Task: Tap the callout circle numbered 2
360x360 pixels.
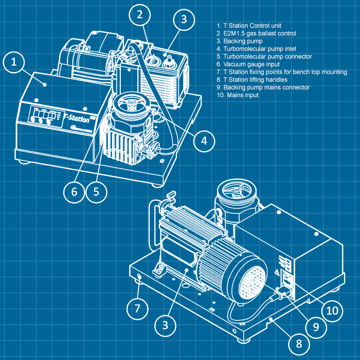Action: point(139,15)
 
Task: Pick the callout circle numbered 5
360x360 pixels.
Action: point(96,192)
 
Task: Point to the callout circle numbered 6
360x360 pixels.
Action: point(74,192)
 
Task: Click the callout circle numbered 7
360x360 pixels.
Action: point(137,309)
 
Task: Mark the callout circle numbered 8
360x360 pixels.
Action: point(299,343)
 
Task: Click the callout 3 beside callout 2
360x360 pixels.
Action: point(184,20)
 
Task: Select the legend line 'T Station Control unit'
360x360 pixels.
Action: point(249,26)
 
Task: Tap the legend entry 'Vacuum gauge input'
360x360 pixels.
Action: point(246,64)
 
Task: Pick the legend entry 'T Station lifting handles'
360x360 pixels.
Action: point(252,80)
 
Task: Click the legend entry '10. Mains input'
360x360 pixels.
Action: point(238,95)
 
